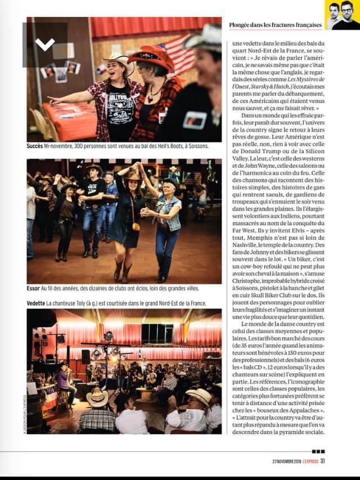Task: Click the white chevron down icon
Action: click(45, 44)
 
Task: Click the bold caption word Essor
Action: click(33, 288)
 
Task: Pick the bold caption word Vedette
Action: click(36, 303)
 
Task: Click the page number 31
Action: click(323, 462)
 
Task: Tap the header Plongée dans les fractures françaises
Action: click(275, 25)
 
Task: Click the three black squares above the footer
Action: click(318, 451)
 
